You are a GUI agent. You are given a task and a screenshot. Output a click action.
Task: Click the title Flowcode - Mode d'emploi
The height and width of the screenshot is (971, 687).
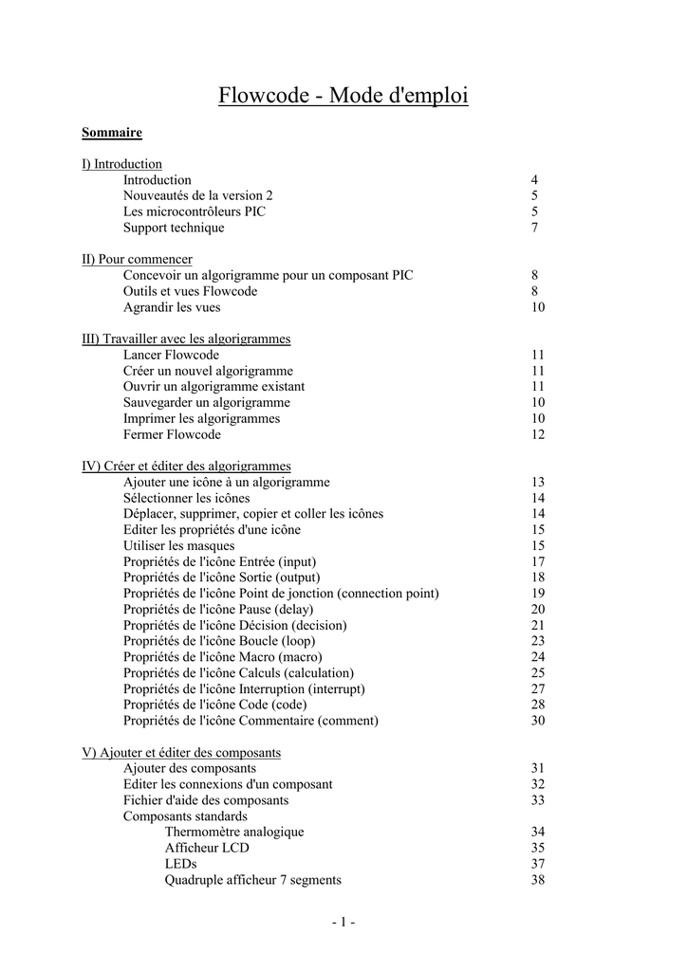point(343,96)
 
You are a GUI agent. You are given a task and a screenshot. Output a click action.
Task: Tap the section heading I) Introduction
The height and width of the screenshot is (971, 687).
point(121,164)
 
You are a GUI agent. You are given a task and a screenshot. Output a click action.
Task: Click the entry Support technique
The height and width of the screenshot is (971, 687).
point(174,228)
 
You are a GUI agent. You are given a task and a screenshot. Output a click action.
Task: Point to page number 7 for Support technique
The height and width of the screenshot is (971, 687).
point(534,228)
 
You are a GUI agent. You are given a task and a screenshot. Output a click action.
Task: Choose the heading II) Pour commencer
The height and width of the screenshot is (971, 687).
point(137,259)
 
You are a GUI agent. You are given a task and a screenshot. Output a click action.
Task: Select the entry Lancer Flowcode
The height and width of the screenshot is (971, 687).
point(171,355)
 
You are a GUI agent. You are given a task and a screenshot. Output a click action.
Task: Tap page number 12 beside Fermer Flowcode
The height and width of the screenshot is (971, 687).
point(538,434)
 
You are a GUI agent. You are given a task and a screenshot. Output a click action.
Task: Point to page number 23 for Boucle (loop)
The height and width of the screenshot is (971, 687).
point(538,641)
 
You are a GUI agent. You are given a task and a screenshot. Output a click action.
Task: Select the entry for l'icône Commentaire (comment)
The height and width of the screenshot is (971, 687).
point(251,721)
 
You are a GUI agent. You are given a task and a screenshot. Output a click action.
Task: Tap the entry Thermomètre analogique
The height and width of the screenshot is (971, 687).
point(234,832)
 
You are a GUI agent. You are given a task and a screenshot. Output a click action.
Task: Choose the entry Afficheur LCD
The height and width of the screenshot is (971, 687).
point(208,848)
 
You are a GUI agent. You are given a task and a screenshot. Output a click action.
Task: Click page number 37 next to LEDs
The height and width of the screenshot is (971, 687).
point(538,864)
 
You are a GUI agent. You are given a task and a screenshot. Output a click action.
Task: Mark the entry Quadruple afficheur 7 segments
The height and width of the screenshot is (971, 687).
point(252,880)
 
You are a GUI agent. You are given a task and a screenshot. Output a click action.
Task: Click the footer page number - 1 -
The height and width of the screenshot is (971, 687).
point(343,923)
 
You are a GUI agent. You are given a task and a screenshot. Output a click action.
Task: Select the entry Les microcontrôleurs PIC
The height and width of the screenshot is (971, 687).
point(195,211)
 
